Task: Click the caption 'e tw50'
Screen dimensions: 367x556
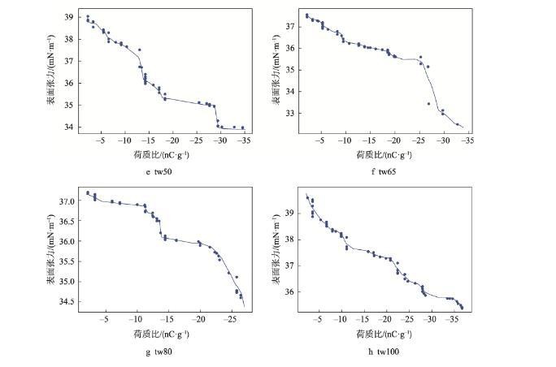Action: (162, 171)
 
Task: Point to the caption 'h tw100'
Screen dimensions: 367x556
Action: (384, 351)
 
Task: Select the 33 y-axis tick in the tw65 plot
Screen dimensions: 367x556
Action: (292, 114)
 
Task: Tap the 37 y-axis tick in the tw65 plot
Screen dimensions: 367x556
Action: (292, 27)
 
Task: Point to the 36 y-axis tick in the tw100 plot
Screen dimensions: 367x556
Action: (292, 292)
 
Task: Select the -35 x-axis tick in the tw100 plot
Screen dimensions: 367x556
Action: (451, 319)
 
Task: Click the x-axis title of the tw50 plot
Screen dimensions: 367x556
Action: (162, 153)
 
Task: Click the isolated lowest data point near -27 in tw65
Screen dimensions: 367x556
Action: (428, 103)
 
